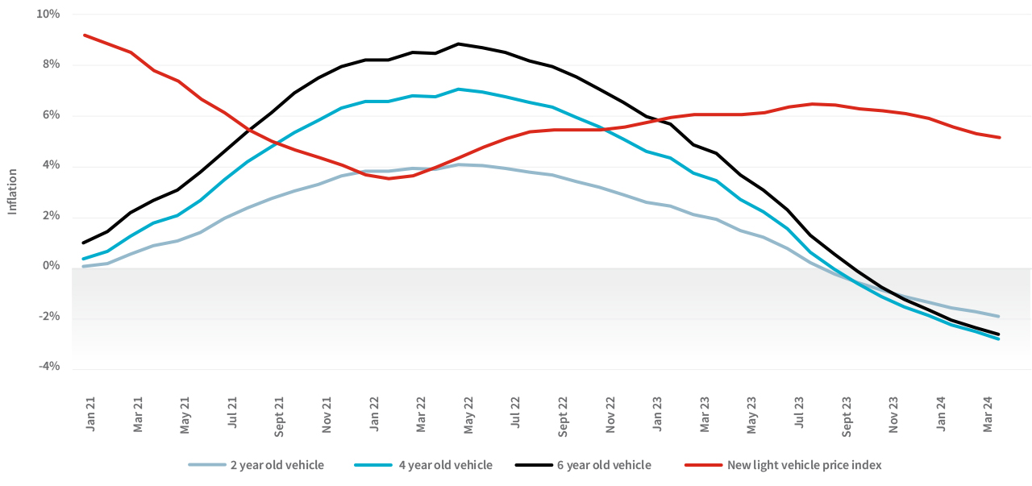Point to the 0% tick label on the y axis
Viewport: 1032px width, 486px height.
coord(51,266)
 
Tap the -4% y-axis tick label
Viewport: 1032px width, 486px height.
coord(48,366)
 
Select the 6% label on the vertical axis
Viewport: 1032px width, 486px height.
coord(51,115)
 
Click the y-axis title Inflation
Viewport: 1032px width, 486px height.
coord(12,191)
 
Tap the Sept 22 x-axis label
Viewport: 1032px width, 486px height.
coord(563,415)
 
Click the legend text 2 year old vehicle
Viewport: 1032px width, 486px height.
coord(277,465)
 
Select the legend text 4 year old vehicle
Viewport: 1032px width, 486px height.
coord(445,465)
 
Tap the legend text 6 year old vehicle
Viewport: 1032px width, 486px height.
coord(604,465)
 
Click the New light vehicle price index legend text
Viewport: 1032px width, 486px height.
coord(804,465)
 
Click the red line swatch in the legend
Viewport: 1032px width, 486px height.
coord(703,465)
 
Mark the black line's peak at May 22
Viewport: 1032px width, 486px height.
coord(458,44)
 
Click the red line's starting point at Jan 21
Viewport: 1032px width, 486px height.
coord(84,35)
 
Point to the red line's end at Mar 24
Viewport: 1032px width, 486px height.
coord(999,137)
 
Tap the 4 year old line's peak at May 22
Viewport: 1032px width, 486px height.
coord(458,89)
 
